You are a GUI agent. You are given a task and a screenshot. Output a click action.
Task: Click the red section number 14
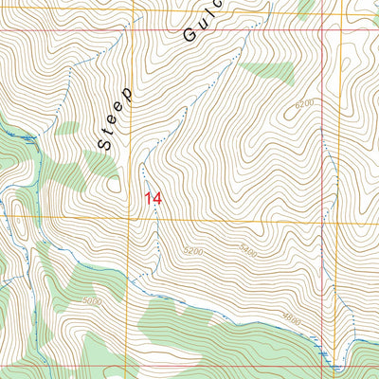click(153, 198)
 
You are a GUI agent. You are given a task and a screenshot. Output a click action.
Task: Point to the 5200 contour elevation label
click(193, 252)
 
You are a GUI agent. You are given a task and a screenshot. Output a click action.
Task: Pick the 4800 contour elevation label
click(291, 321)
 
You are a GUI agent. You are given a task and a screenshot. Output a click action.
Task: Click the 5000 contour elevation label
click(91, 302)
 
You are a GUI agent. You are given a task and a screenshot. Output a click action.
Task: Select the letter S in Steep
click(102, 142)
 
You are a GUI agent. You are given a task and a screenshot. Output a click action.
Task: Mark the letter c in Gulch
click(215, 5)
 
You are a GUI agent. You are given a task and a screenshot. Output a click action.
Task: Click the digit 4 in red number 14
click(158, 198)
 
